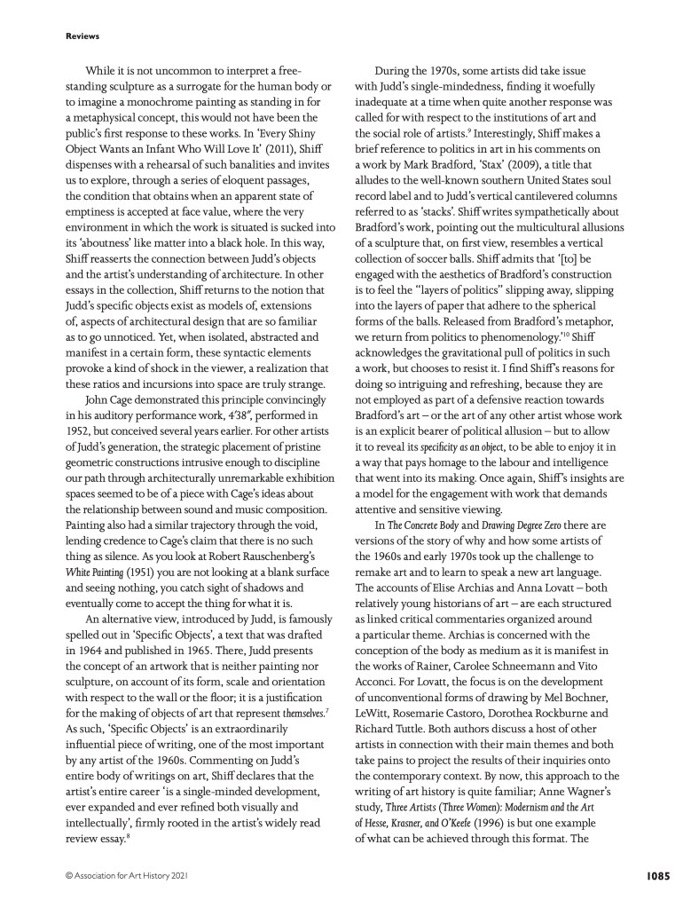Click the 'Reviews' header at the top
point(82,36)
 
